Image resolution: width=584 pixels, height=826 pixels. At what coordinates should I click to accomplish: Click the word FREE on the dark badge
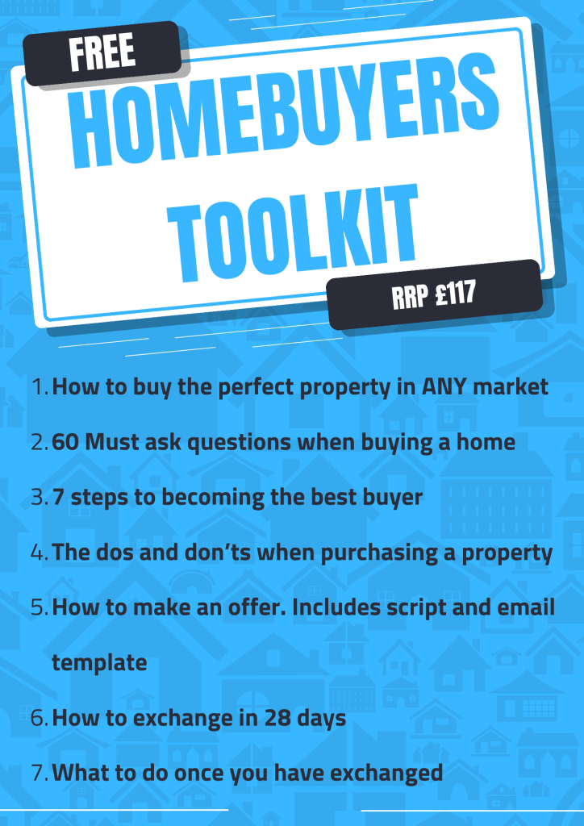(102, 52)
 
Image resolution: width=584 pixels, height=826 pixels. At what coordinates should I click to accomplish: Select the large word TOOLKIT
(293, 232)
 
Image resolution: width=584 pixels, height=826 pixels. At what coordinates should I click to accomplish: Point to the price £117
(456, 294)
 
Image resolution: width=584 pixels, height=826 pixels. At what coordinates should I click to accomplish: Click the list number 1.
(40, 387)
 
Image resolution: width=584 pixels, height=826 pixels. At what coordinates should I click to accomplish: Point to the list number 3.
(40, 497)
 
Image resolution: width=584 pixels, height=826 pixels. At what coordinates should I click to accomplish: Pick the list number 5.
(40, 607)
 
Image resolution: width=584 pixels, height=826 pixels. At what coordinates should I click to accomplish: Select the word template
(99, 663)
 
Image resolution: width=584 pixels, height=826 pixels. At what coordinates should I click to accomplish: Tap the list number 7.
(40, 773)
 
